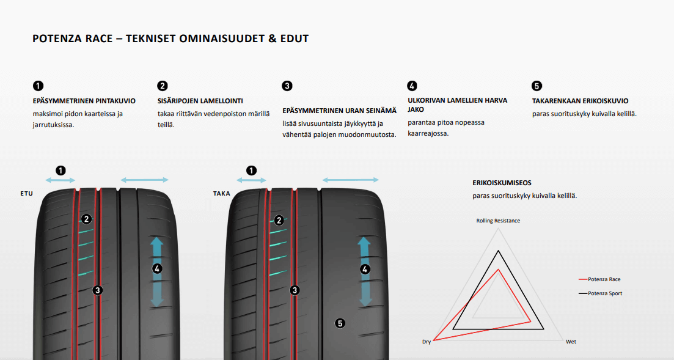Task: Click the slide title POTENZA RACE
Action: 72,39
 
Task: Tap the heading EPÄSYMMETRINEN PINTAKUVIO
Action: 84,101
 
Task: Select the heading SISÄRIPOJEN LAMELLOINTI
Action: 200,101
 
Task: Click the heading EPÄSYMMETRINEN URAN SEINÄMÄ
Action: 340,111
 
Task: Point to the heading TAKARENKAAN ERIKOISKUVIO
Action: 581,101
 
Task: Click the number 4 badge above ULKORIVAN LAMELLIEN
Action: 412,86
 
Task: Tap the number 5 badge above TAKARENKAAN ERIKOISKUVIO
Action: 537,86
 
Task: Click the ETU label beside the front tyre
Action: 27,194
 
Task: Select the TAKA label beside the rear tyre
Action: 222,194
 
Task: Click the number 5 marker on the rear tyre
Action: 340,323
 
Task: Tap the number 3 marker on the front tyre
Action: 98,290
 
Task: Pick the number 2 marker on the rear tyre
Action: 279,221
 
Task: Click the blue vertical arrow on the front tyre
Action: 157,271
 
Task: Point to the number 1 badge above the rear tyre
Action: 252,171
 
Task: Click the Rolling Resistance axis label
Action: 498,221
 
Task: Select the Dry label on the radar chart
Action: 427,342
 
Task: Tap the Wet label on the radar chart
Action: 571,342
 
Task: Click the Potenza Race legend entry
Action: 599,279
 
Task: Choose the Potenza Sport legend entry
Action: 601,293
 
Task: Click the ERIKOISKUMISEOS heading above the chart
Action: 502,183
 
